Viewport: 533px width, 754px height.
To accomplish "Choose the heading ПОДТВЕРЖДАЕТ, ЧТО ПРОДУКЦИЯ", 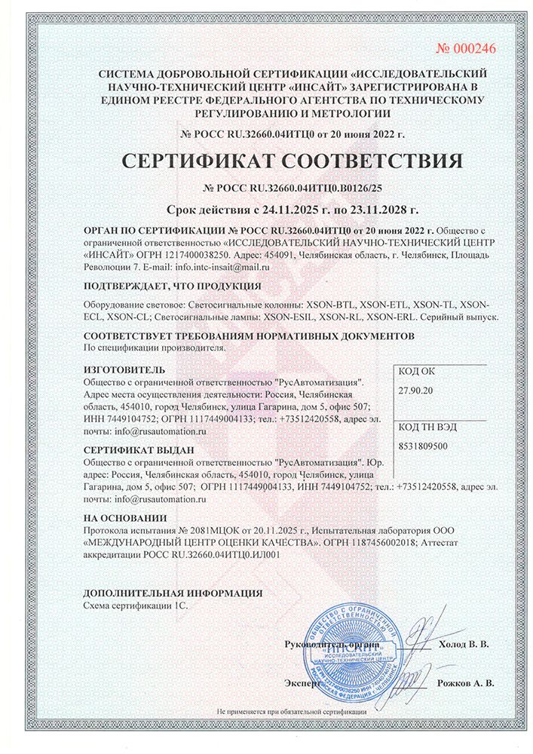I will (x=173, y=286).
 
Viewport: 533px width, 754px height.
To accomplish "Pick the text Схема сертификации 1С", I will (x=133, y=605).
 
